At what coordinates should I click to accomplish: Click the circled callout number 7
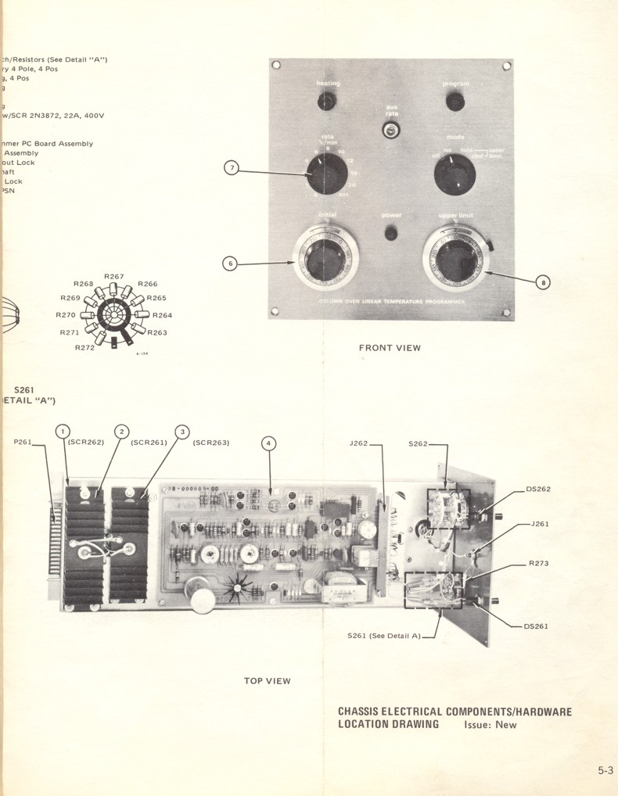pyautogui.click(x=231, y=167)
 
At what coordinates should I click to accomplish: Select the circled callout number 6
pyautogui.click(x=230, y=264)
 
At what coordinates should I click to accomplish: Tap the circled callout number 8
pyautogui.click(x=543, y=283)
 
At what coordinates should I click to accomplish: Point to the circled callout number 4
pyautogui.click(x=269, y=443)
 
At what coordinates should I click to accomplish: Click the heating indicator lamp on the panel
pyautogui.click(x=327, y=101)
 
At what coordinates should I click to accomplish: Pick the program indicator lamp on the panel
pyautogui.click(x=454, y=102)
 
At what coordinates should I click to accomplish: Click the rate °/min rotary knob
pyautogui.click(x=327, y=173)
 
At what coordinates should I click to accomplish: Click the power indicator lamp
pyautogui.click(x=391, y=233)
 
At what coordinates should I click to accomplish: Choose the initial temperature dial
pyautogui.click(x=325, y=258)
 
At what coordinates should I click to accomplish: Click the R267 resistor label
pyautogui.click(x=114, y=277)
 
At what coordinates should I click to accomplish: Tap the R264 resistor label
pyautogui.click(x=162, y=315)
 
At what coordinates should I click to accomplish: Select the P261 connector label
pyautogui.click(x=22, y=442)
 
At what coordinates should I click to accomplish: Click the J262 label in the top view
pyautogui.click(x=359, y=443)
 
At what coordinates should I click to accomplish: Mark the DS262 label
pyautogui.click(x=538, y=489)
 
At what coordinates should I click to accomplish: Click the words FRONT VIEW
pyautogui.click(x=390, y=348)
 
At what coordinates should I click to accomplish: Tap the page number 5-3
pyautogui.click(x=605, y=770)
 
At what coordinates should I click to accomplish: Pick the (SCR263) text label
pyautogui.click(x=211, y=443)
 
